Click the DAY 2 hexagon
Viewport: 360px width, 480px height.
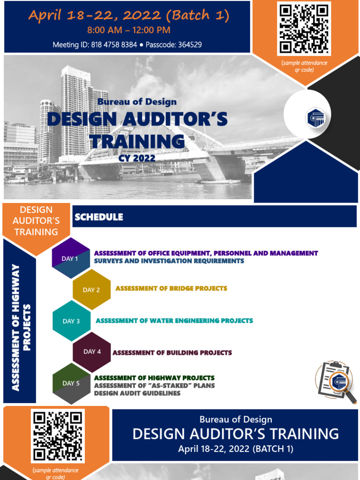click(91, 290)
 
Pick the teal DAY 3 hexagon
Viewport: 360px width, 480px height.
click(71, 321)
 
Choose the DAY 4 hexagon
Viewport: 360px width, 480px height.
click(92, 352)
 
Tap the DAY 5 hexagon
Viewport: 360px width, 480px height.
click(71, 383)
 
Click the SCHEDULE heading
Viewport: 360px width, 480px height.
click(99, 217)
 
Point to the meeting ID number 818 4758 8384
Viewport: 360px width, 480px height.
click(118, 45)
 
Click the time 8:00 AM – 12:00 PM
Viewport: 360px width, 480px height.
click(128, 30)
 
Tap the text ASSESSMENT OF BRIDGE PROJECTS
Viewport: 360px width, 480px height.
click(171, 288)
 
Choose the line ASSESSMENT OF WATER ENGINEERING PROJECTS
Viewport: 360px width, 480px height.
click(174, 321)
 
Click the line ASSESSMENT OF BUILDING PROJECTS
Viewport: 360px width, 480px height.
click(172, 352)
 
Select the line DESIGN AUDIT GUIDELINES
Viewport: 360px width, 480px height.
click(137, 393)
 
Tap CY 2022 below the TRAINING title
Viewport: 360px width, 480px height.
click(137, 158)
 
